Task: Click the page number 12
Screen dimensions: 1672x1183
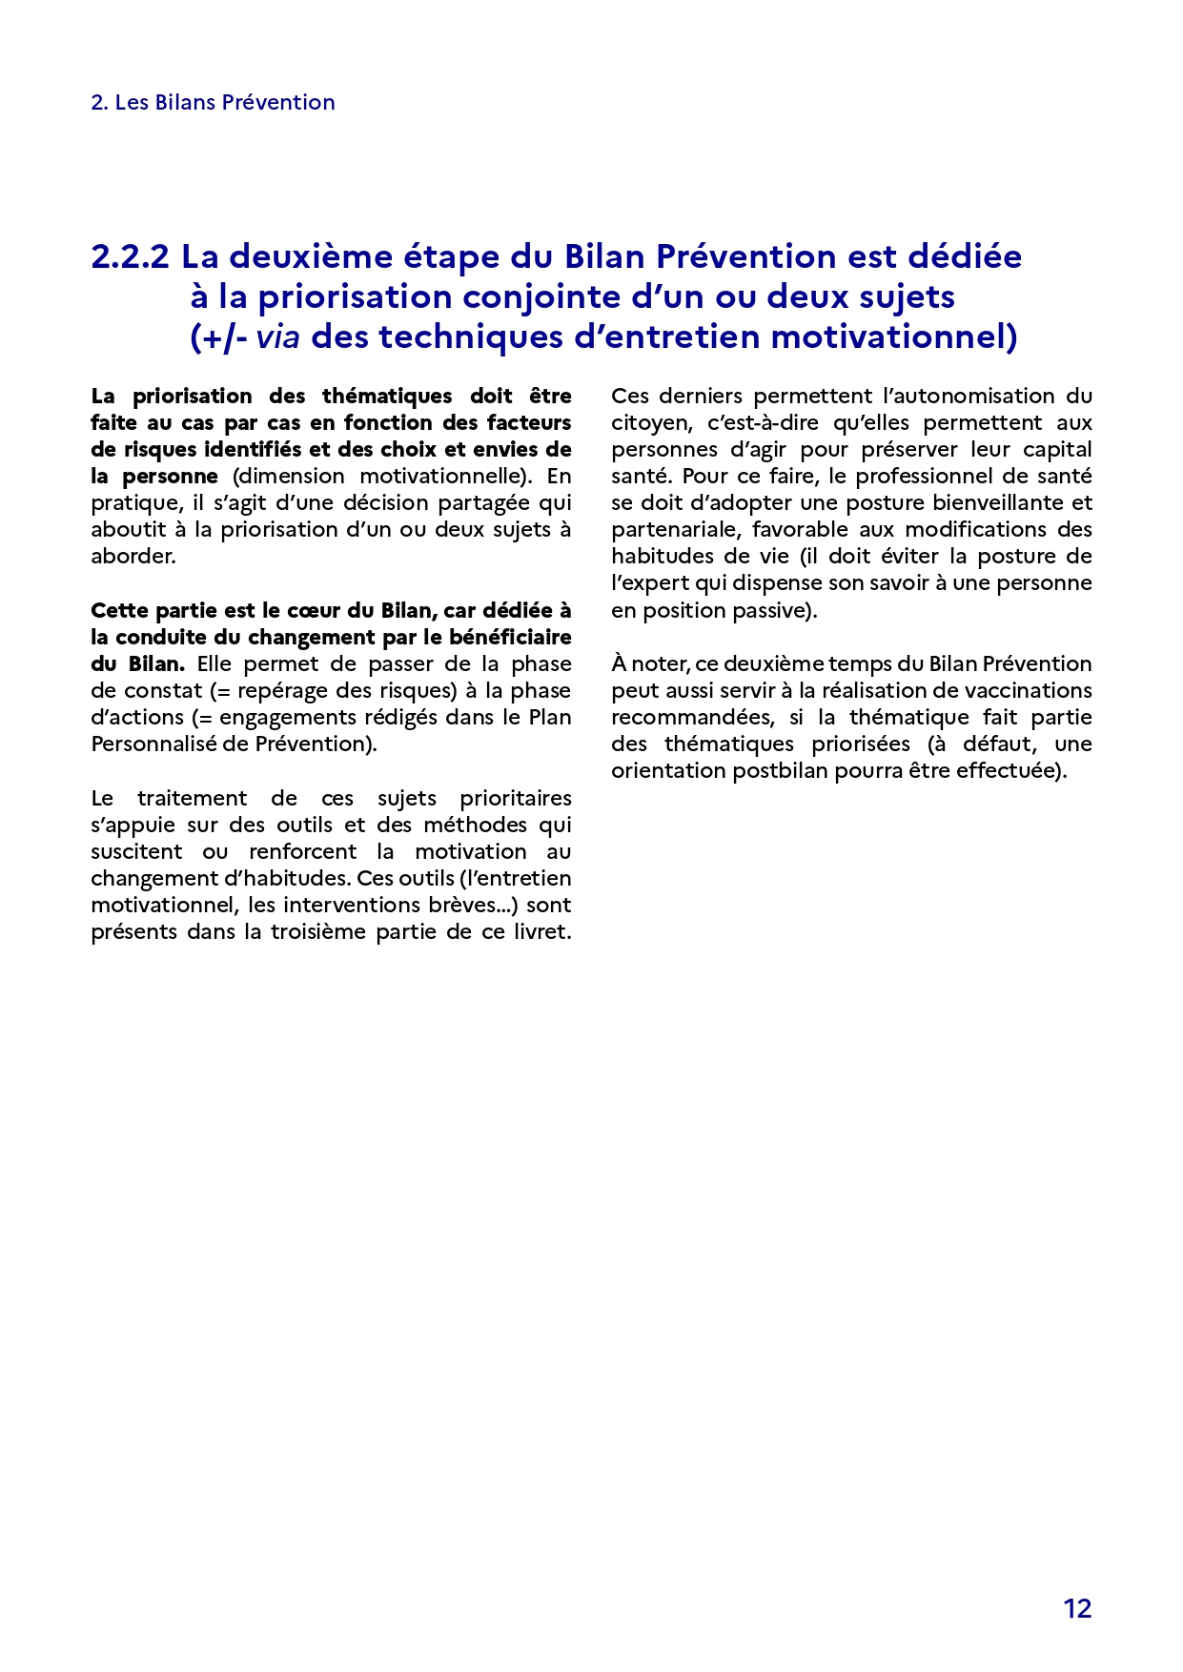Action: point(1077,1608)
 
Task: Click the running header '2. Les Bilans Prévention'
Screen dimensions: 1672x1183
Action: point(213,102)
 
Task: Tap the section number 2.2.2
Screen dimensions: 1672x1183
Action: point(131,256)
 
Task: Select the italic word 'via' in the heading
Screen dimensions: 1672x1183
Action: point(277,336)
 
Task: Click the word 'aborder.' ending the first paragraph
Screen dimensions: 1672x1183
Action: point(133,556)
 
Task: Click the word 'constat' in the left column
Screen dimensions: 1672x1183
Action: point(163,690)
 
